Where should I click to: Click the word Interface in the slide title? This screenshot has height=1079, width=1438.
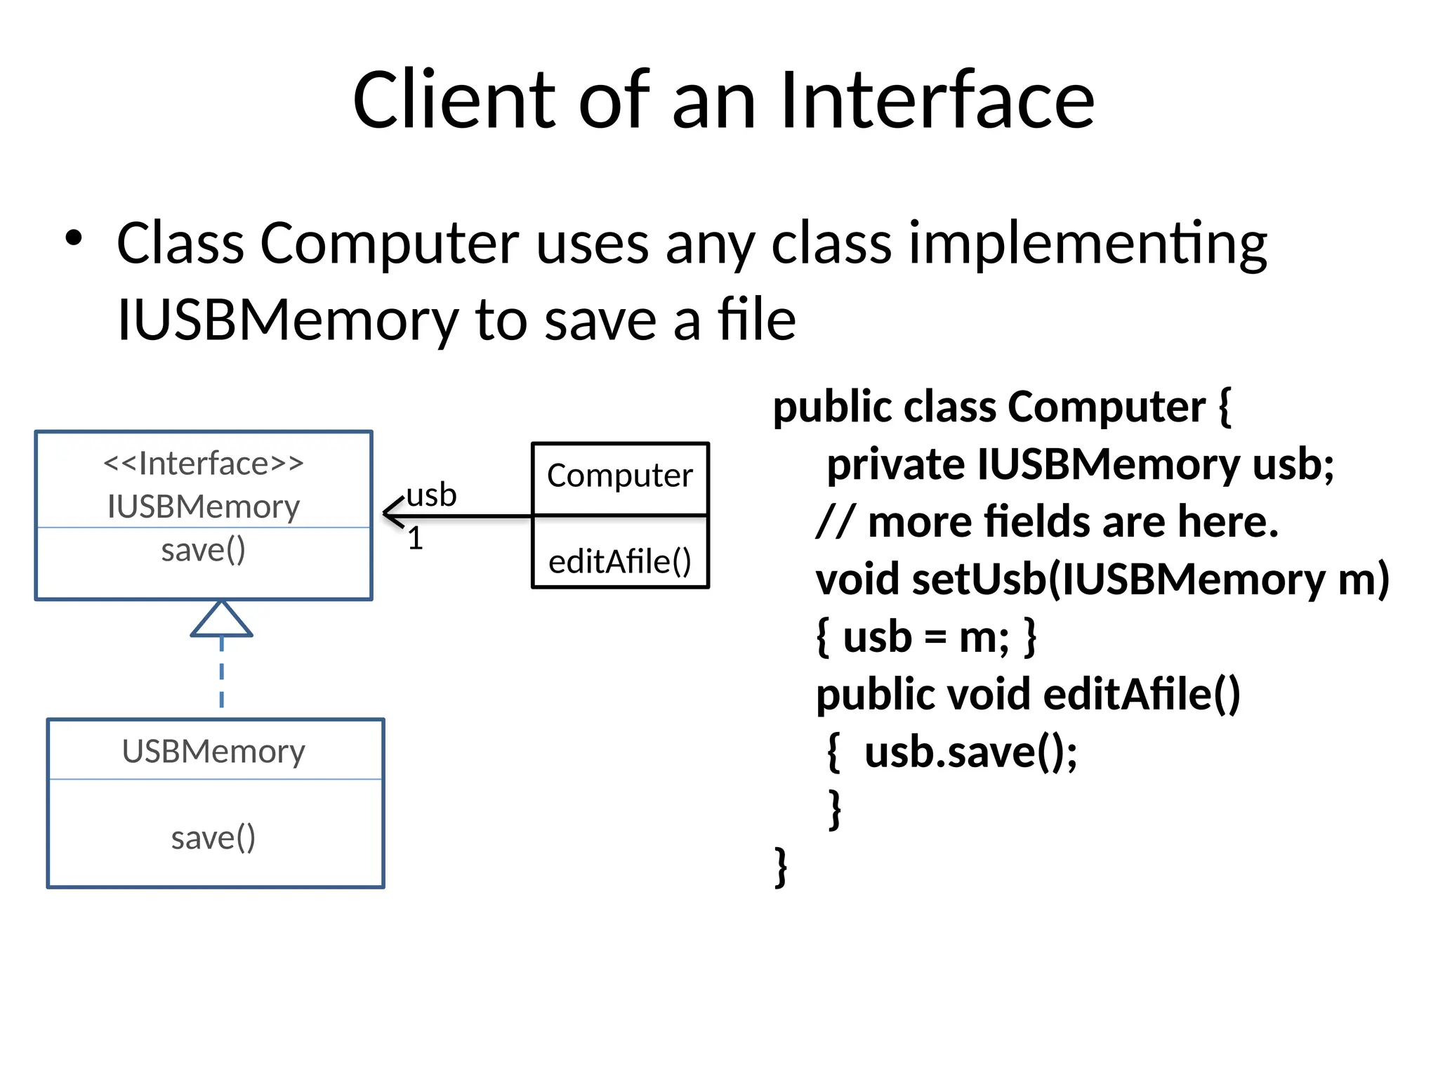(x=937, y=100)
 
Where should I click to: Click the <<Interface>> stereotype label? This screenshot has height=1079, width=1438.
(x=204, y=464)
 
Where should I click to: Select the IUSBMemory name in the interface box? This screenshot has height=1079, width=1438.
(x=204, y=506)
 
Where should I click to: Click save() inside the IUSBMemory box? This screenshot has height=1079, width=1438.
(x=204, y=549)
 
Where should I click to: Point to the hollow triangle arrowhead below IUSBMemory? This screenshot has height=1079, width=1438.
(x=221, y=621)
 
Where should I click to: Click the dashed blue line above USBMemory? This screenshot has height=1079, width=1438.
(x=222, y=674)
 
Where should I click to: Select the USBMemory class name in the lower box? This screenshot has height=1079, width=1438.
(x=213, y=751)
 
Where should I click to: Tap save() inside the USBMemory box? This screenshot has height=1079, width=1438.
(x=213, y=837)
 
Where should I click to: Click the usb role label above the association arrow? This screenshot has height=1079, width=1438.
(x=431, y=495)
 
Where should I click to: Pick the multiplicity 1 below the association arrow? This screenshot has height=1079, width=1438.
(x=416, y=539)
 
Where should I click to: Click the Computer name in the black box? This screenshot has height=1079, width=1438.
(x=620, y=476)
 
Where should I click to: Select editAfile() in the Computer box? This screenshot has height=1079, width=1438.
(x=620, y=561)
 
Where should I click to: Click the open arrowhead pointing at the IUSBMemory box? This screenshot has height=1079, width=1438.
(x=393, y=513)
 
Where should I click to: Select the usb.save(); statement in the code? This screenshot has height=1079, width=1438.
(x=971, y=752)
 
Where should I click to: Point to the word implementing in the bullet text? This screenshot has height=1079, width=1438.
(x=1088, y=244)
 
